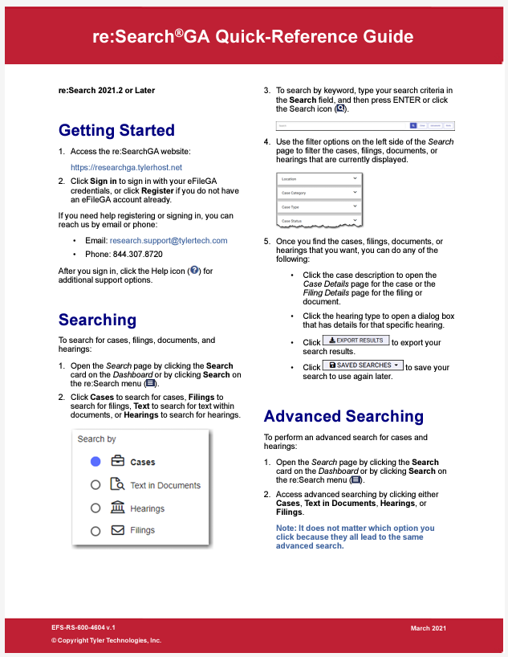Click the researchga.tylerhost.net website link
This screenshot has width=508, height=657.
[126, 167]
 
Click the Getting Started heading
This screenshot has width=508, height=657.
[116, 130]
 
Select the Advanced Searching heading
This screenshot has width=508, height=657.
[343, 416]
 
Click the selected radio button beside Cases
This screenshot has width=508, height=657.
[96, 462]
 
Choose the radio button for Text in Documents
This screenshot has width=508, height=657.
[96, 485]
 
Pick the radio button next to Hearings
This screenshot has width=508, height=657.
[96, 508]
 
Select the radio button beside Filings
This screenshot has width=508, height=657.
[96, 530]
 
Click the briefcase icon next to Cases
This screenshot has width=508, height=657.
[117, 462]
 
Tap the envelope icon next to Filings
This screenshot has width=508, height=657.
[117, 530]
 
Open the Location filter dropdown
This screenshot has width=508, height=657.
[319, 178]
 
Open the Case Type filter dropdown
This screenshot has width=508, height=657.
[319, 206]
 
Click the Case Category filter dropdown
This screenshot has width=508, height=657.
[319, 192]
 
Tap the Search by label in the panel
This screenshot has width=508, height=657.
[96, 439]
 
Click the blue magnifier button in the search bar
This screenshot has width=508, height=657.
[413, 125]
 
